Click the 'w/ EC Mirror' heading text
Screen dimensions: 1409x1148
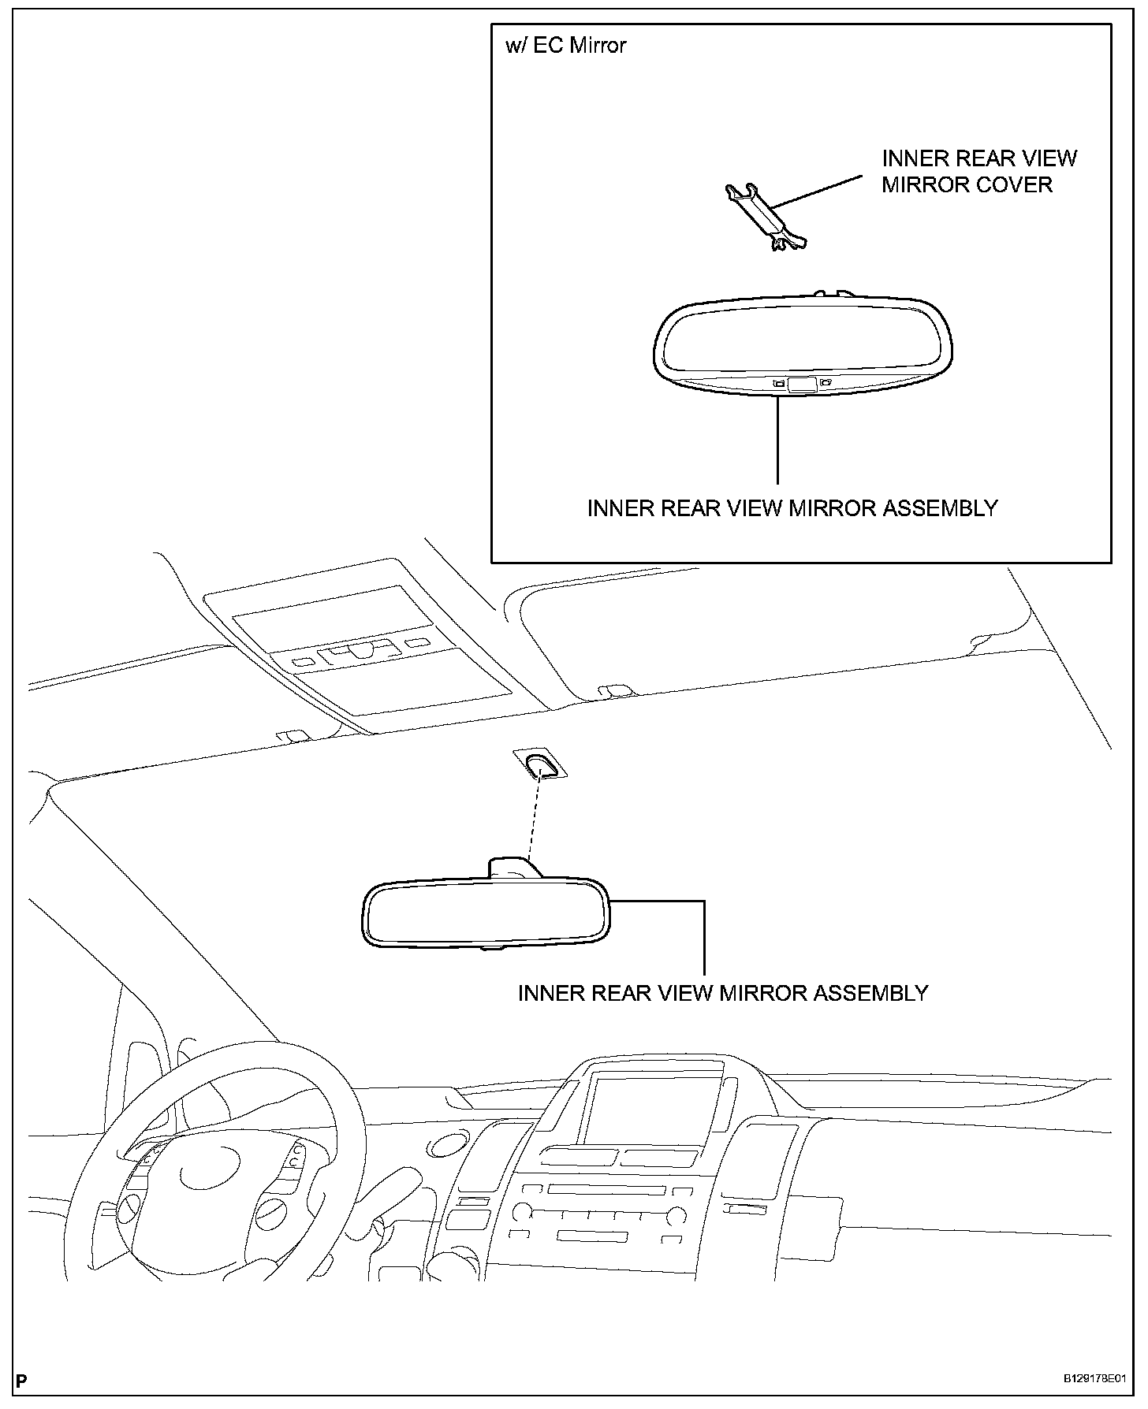tap(565, 46)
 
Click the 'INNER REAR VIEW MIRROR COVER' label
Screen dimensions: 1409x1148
tap(978, 171)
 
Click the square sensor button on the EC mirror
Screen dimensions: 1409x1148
tap(801, 385)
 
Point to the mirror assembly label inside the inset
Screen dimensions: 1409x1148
tap(792, 508)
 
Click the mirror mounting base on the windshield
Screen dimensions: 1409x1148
tap(540, 764)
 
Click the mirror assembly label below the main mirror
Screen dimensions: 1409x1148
tap(722, 993)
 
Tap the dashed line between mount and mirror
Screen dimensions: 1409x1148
tap(534, 820)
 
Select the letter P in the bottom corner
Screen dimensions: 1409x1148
tap(21, 1381)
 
